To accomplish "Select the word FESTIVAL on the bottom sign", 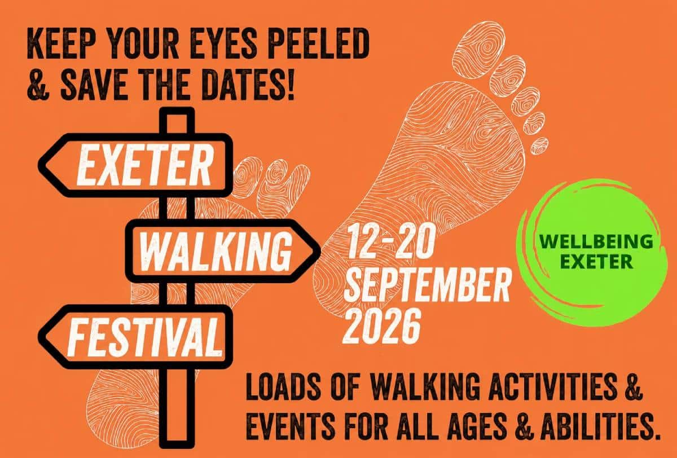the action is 144,338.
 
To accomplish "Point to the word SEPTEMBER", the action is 427,286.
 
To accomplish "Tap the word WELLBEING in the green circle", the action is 596,241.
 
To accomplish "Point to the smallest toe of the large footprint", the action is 539,146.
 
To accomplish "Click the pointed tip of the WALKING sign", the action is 320,250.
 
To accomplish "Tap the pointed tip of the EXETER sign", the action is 39,165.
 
